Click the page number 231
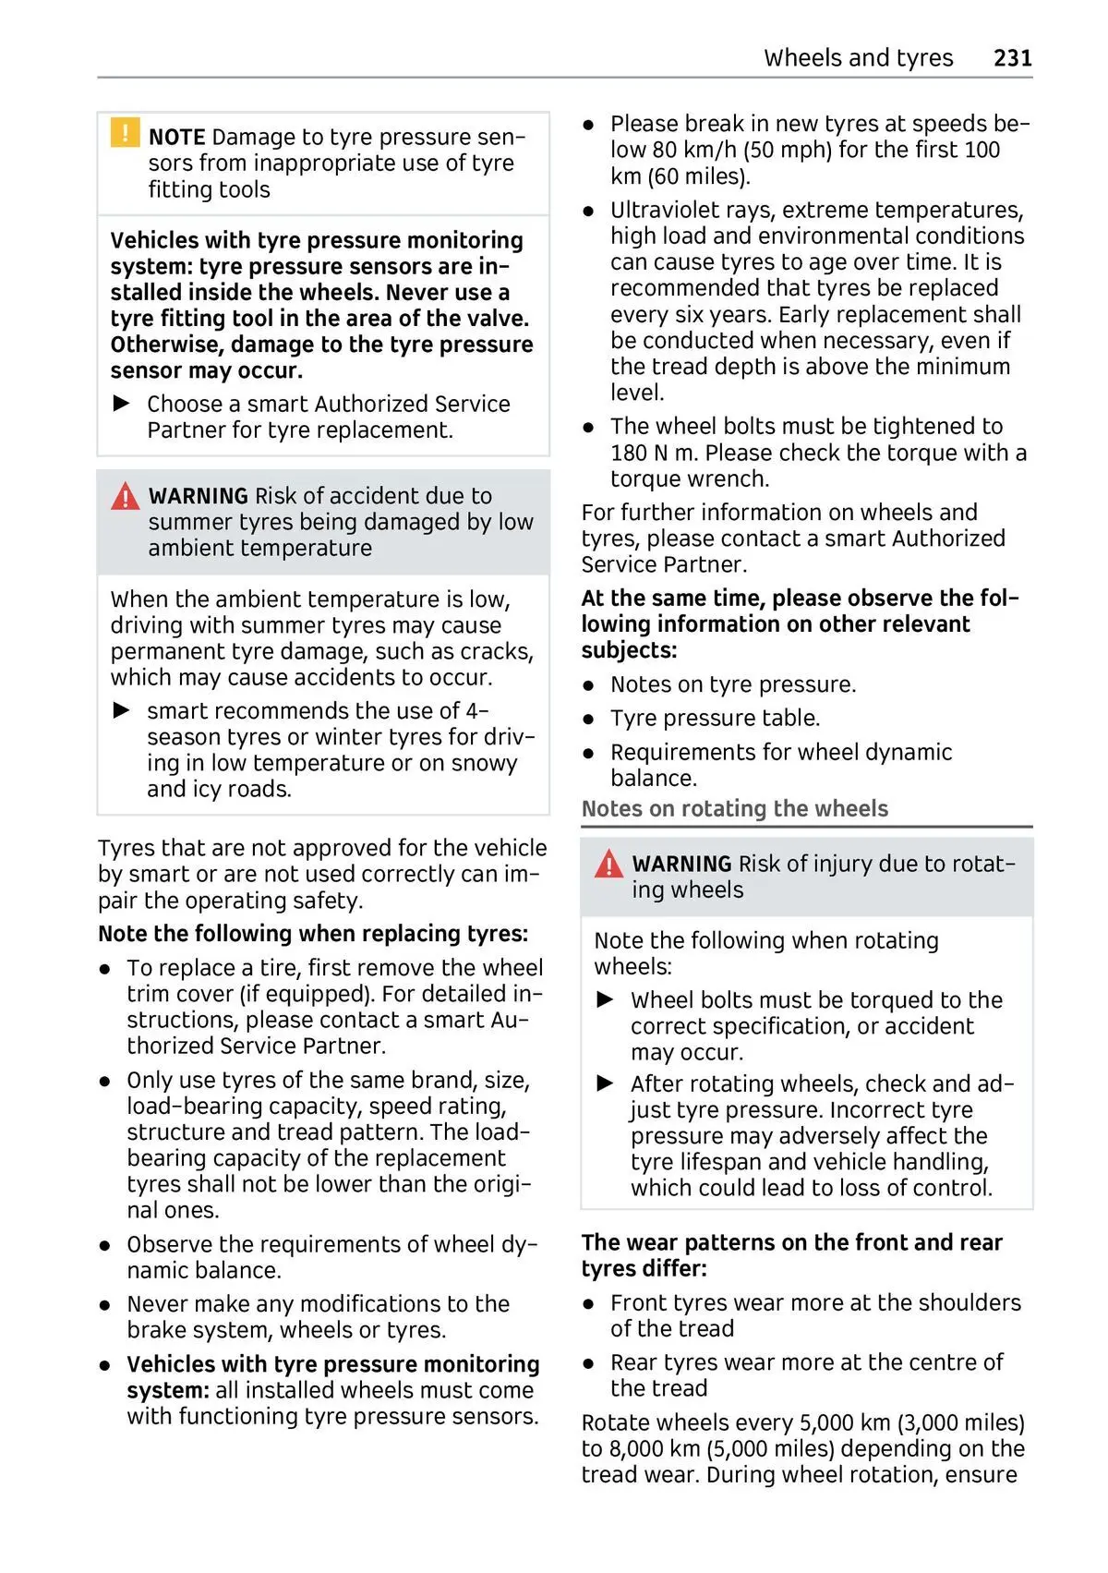click(x=1012, y=58)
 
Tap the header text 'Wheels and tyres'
click(x=858, y=58)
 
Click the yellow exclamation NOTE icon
click(x=125, y=133)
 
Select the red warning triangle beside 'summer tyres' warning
click(x=125, y=497)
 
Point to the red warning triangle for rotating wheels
click(x=608, y=865)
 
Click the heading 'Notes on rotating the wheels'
click(x=734, y=809)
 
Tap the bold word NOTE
click(x=176, y=138)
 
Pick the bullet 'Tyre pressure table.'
click(x=715, y=718)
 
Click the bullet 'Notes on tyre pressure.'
click(x=733, y=684)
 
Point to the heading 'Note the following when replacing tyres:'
click(x=313, y=934)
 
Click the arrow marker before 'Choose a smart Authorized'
click(x=122, y=404)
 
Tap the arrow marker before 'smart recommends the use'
click(x=122, y=710)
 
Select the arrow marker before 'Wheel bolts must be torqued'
click(x=606, y=999)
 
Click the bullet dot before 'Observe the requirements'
click(x=106, y=1246)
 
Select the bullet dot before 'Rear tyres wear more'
click(x=588, y=1363)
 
